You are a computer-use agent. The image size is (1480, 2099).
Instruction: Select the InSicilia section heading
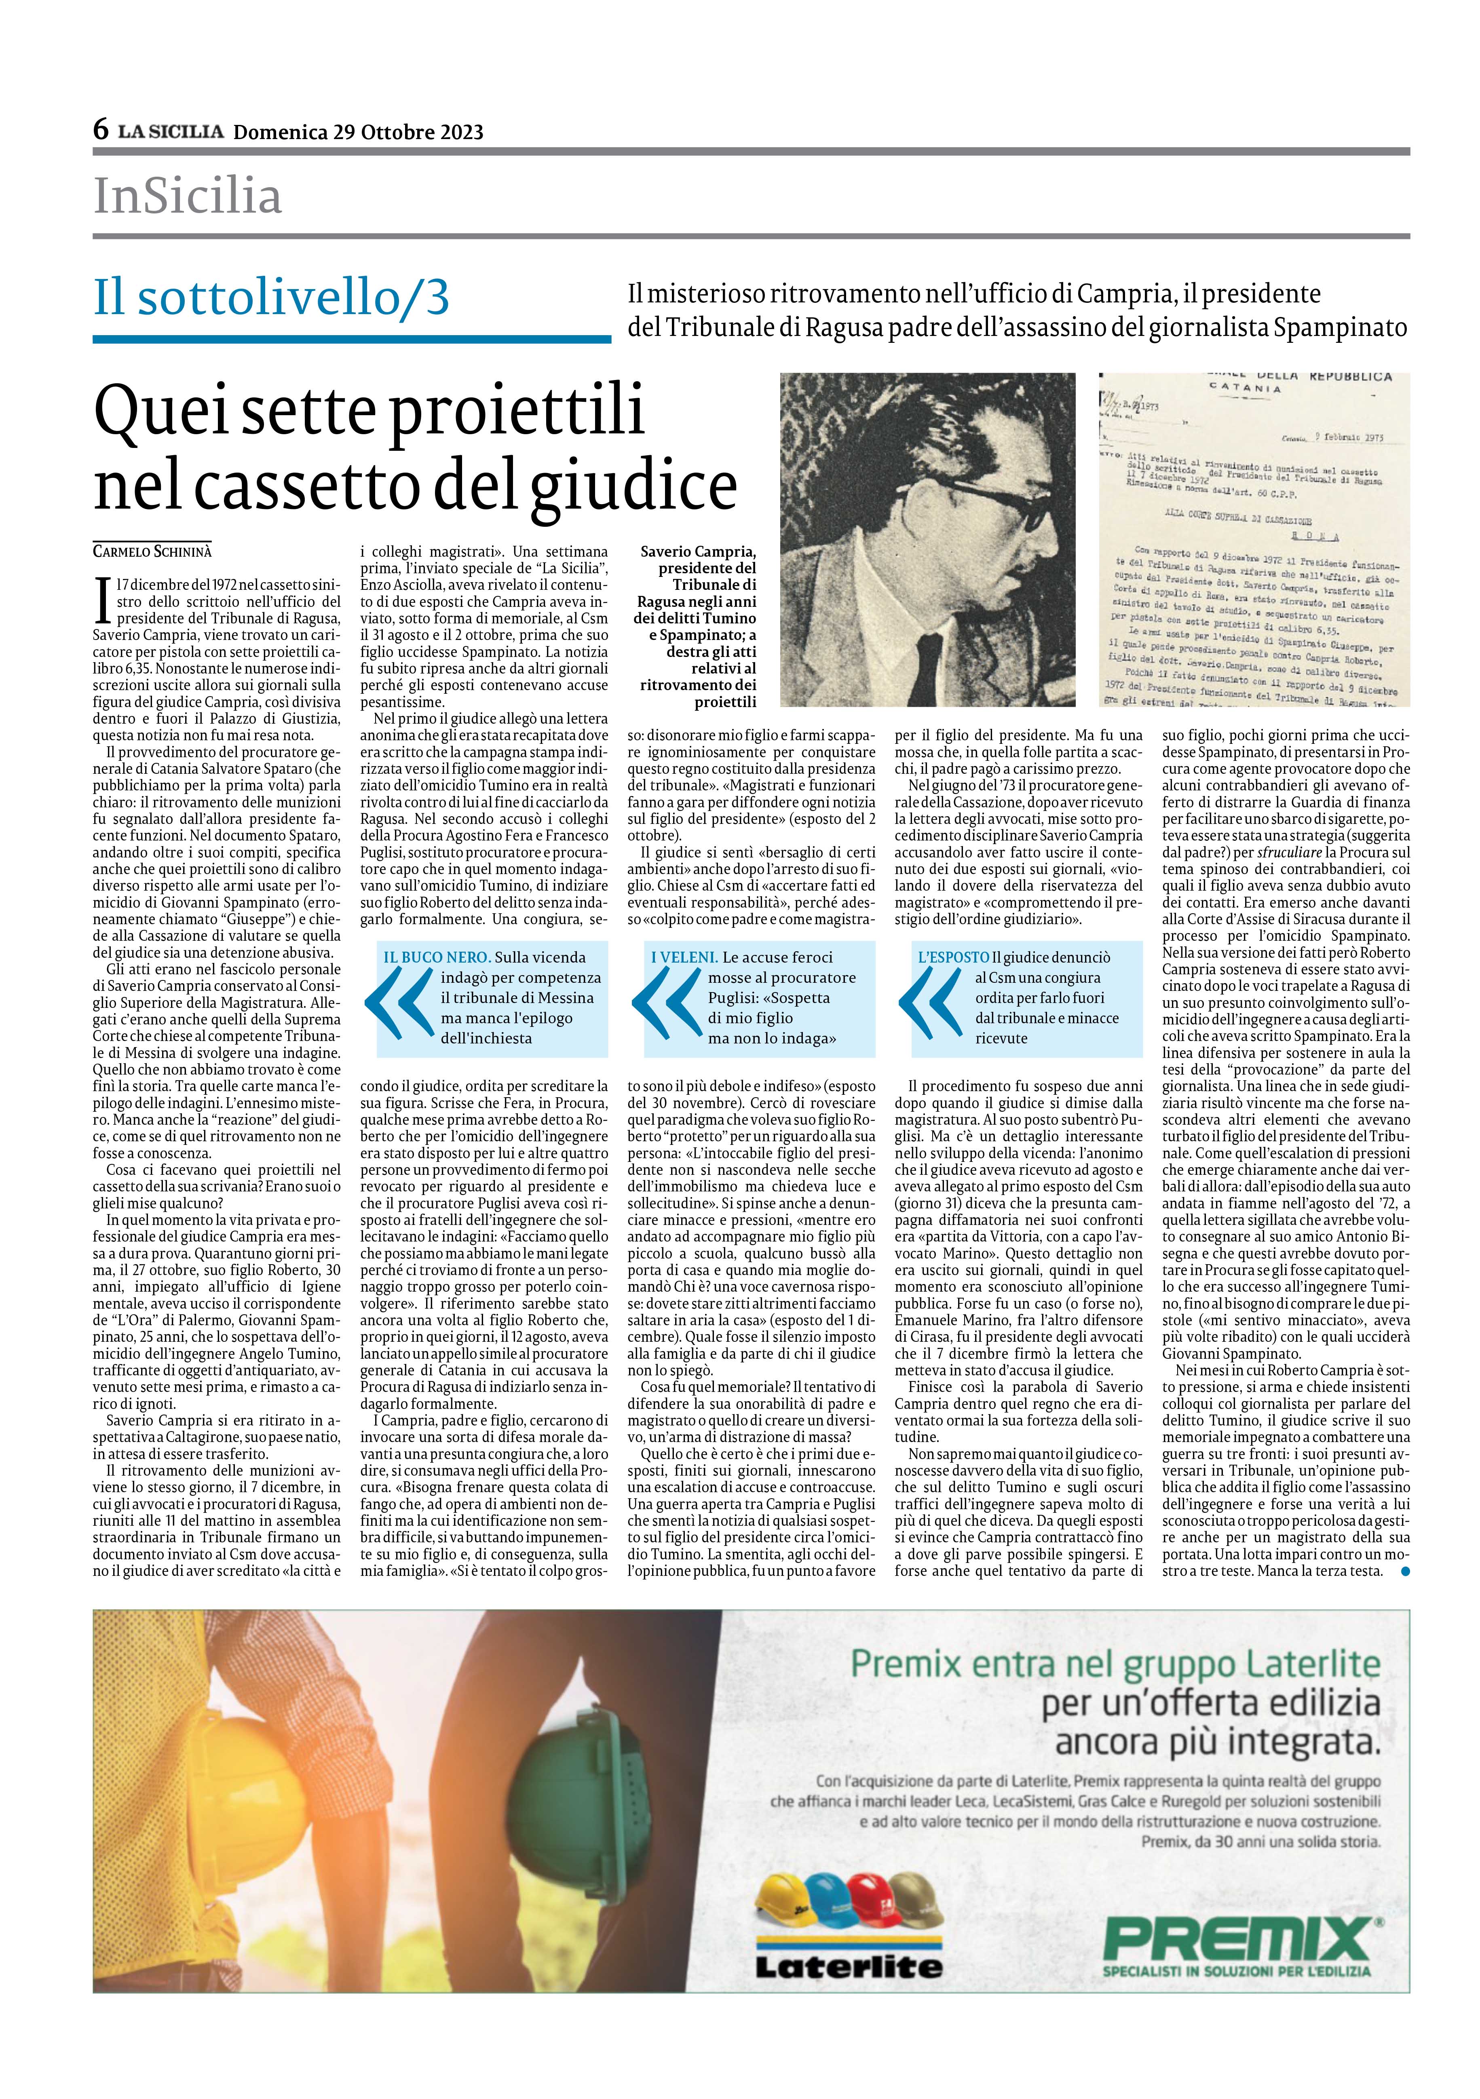point(188,196)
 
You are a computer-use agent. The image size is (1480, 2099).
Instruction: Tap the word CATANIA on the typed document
point(1232,388)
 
